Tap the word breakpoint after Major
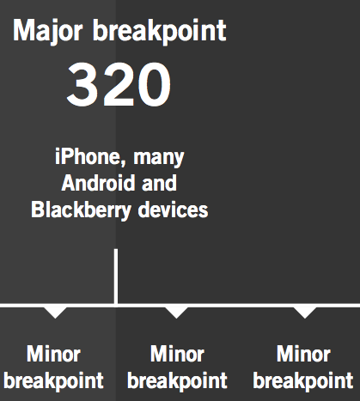pos(160,32)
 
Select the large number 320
pos(119,84)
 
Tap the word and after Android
pos(160,183)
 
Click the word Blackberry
pos(81,210)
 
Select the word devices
pos(173,210)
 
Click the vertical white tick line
pos(116,276)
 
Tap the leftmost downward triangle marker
pos(55,313)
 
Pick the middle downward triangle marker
pos(176,313)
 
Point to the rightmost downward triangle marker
pos(305,313)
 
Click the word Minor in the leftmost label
pos(53,354)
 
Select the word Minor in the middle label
pos(177,354)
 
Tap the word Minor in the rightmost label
pos(303,354)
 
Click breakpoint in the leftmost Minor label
pos(53,381)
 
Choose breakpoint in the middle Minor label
pos(177,381)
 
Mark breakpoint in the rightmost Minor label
pos(303,381)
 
